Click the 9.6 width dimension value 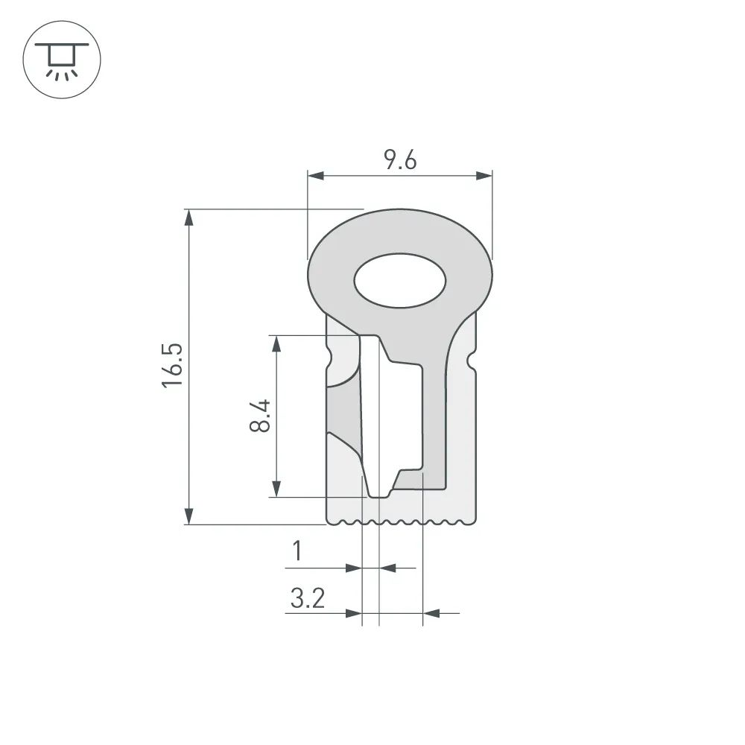[400, 160]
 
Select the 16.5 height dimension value [174, 365]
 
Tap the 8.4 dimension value [260, 416]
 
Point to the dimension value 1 [297, 552]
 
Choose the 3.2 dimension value [308, 598]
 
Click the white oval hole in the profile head [400, 282]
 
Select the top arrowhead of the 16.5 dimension [189, 218]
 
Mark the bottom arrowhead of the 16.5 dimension [189, 516]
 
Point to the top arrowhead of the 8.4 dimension [276, 343]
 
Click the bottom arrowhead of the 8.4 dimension [276, 489]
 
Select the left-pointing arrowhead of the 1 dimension [388, 568]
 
